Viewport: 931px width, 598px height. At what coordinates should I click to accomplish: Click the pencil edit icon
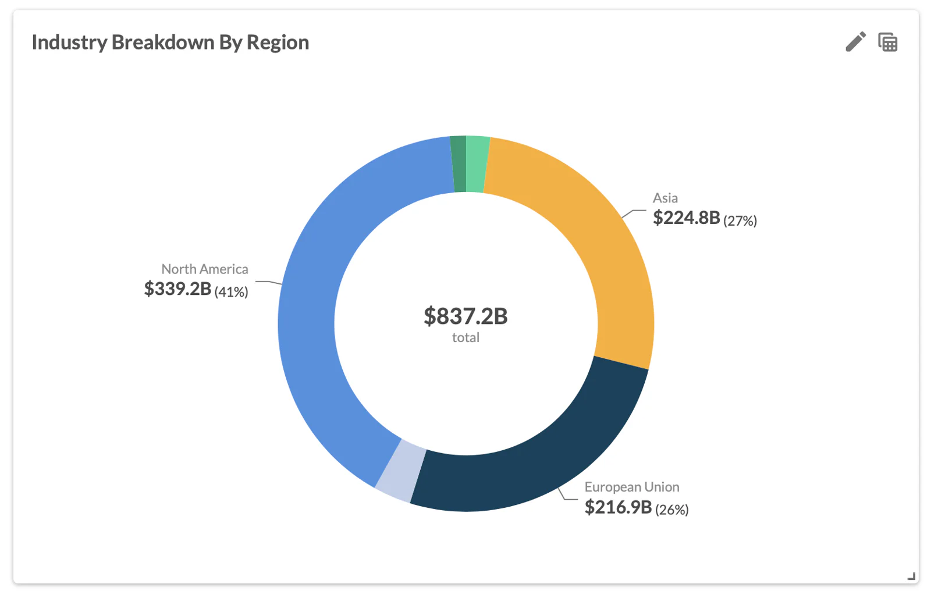tap(855, 42)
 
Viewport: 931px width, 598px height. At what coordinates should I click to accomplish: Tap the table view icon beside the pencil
tap(887, 42)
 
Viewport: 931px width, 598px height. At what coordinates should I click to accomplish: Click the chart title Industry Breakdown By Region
tap(170, 42)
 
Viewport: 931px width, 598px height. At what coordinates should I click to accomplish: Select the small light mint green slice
tap(477, 165)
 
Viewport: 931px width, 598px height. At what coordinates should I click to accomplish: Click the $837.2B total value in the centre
tap(465, 316)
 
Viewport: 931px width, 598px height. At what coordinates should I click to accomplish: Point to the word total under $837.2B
tap(465, 338)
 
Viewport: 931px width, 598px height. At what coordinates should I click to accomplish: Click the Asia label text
tap(665, 198)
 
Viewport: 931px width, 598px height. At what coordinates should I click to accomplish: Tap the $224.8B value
tap(686, 218)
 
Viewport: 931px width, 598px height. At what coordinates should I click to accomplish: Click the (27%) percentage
tap(740, 221)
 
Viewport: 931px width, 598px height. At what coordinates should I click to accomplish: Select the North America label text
tap(205, 269)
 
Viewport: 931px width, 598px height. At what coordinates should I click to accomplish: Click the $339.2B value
tap(177, 289)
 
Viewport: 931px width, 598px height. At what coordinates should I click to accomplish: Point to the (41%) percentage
tap(231, 292)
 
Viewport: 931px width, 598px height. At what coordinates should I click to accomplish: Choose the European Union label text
tap(632, 487)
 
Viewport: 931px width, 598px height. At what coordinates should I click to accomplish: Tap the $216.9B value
tap(618, 507)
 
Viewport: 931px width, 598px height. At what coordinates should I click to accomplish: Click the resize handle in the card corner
tap(911, 576)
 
